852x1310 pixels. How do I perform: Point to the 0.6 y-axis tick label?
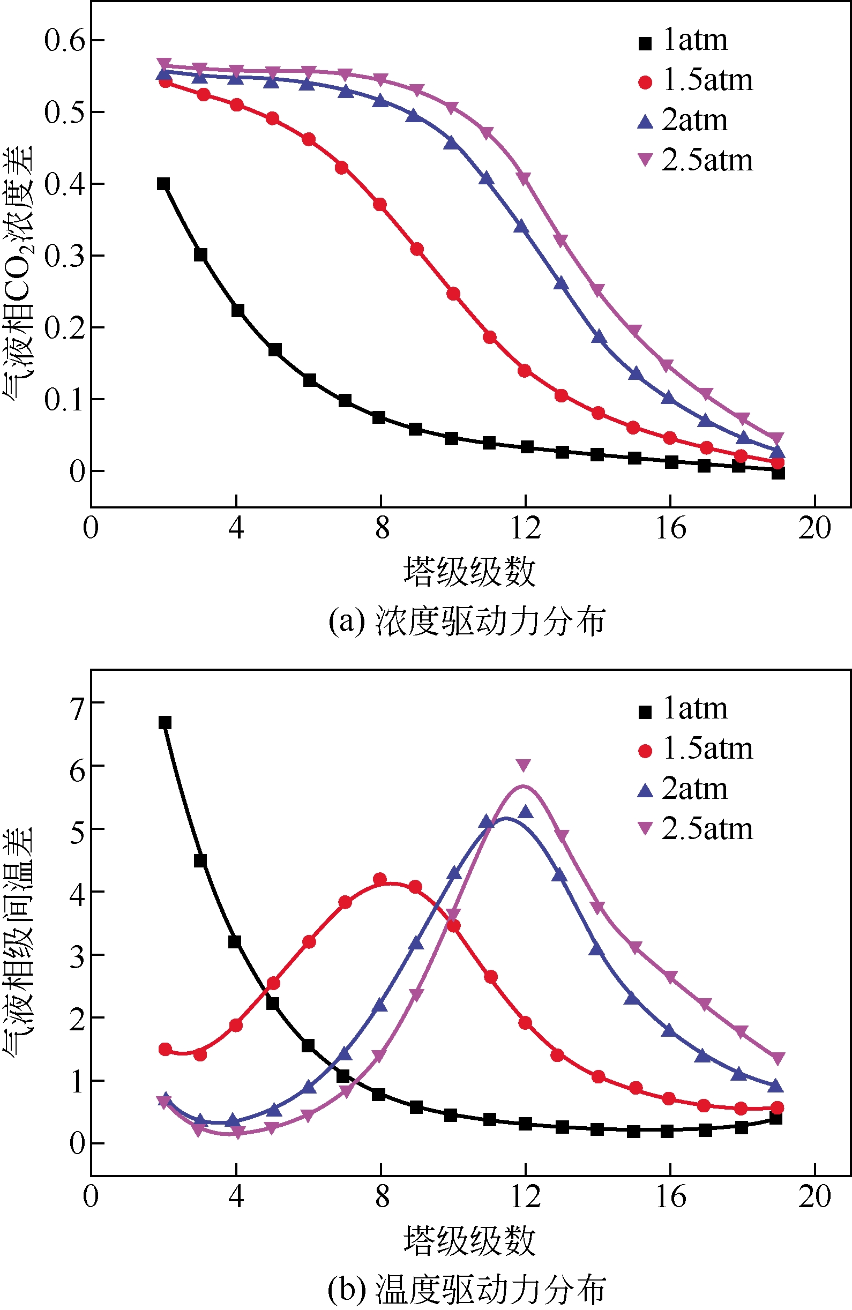[x=65, y=40]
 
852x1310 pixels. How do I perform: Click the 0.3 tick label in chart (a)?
[x=65, y=256]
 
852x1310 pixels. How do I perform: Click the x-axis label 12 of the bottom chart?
[x=526, y=1195]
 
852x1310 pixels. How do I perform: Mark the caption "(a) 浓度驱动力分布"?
[x=467, y=622]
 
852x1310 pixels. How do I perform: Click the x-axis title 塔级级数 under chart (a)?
[x=469, y=571]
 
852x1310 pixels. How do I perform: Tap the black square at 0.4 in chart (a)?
[x=163, y=184]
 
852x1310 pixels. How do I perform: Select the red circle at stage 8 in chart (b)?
[x=380, y=880]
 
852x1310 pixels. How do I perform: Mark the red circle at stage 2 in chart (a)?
[x=165, y=82]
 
